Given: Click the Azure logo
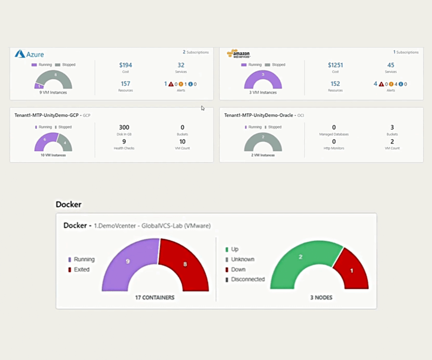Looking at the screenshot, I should click(29, 54).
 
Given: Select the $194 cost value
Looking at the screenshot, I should click(126, 65).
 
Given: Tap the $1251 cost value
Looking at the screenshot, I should click(335, 65).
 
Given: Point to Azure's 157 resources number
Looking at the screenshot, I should click(126, 84).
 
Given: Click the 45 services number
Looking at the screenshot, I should click(390, 65).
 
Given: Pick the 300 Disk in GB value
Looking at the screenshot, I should click(124, 127).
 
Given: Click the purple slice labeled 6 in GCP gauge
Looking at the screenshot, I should click(45, 139).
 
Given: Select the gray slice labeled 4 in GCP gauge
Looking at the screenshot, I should click(64, 144).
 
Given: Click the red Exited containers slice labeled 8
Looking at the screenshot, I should click(185, 264).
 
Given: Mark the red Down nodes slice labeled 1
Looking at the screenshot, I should click(352, 270).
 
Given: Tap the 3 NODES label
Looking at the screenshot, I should click(322, 297).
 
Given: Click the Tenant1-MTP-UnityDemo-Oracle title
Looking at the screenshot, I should click(260, 115).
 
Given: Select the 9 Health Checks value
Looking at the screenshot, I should click(124, 141).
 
